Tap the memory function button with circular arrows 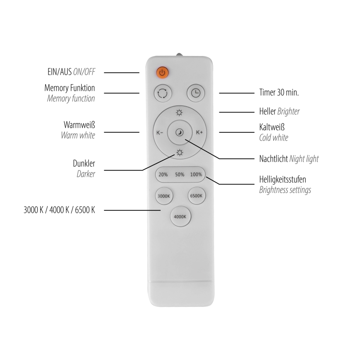tap(161, 93)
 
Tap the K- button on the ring tap(160, 133)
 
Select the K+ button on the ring tap(199, 133)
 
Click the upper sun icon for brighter tap(179, 112)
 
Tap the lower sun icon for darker tap(179, 153)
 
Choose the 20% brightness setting tap(163, 175)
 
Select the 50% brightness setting tap(179, 175)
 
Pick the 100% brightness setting tap(196, 175)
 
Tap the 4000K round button tap(180, 216)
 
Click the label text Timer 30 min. tap(279, 93)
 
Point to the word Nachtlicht tap(273, 159)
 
